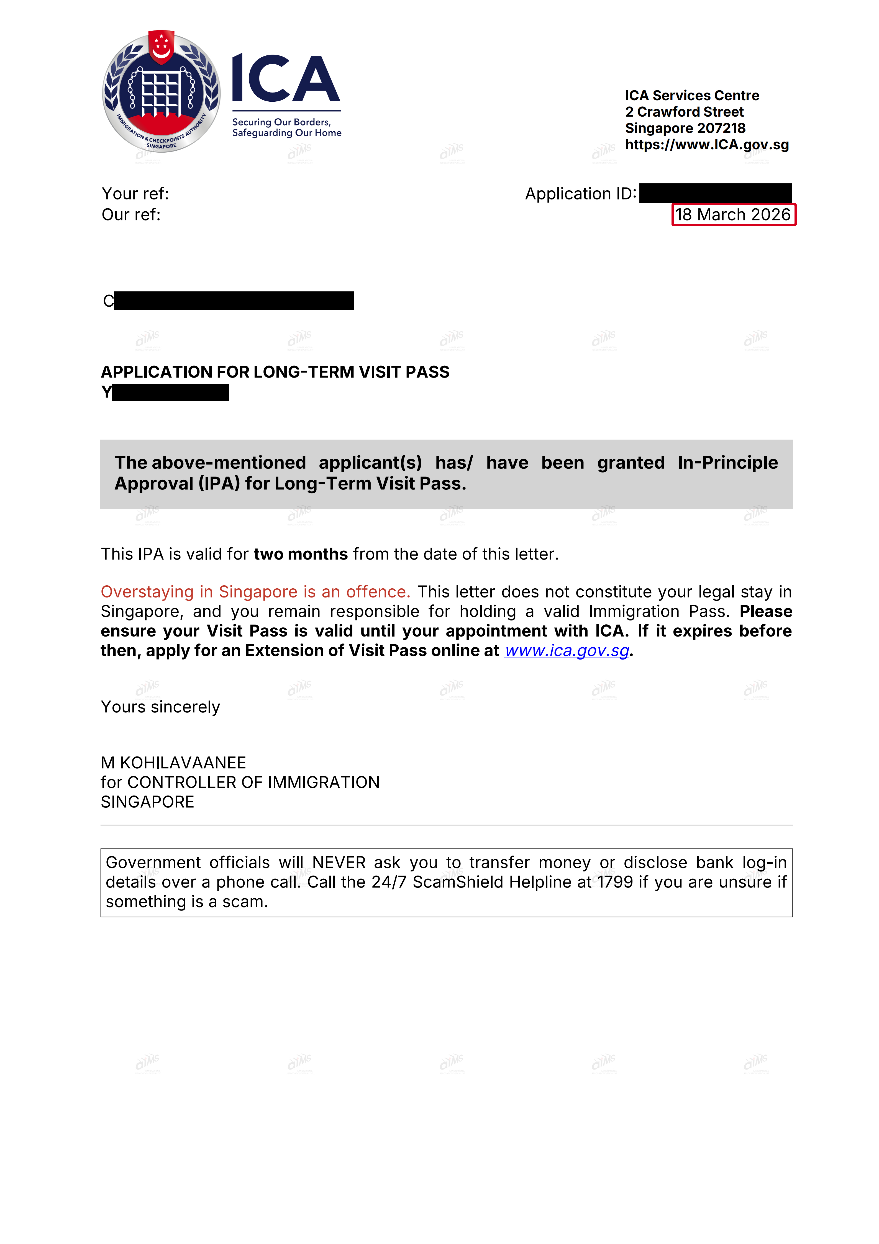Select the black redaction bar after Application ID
click(x=715, y=193)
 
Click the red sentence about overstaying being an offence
click(x=255, y=592)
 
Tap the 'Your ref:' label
click(x=135, y=193)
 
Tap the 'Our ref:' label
click(x=131, y=215)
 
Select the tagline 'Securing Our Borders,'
click(x=281, y=122)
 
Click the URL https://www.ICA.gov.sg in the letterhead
click(x=707, y=145)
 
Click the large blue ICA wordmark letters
click(x=286, y=79)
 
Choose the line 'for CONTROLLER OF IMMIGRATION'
click(x=240, y=782)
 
